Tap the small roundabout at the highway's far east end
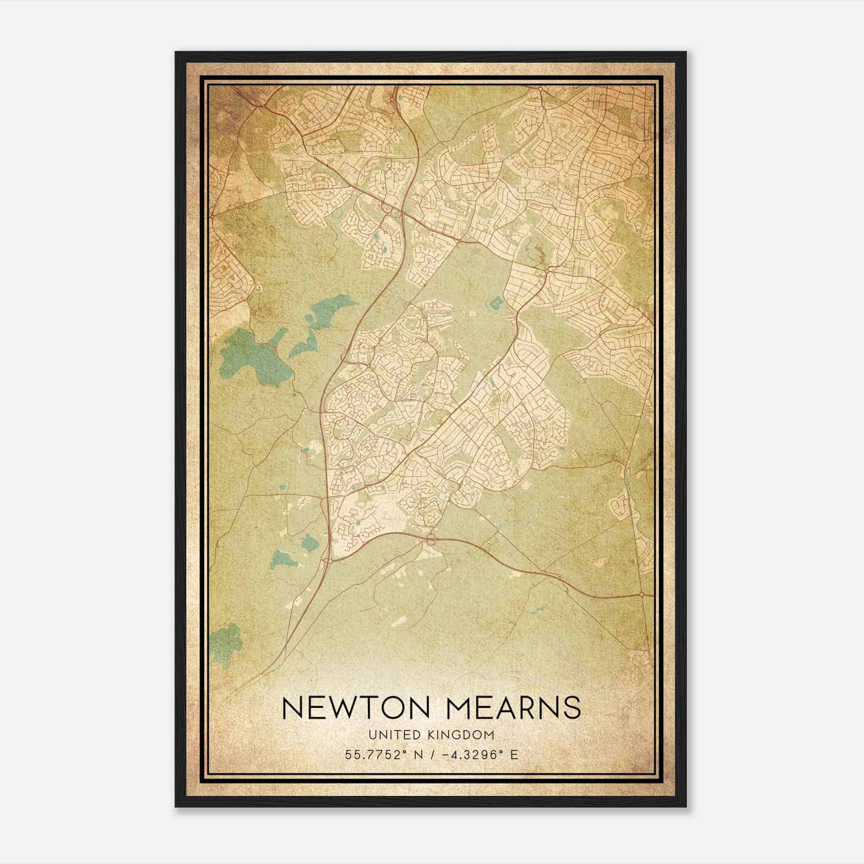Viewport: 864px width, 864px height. (x=641, y=595)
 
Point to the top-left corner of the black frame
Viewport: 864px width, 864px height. (x=177, y=53)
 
